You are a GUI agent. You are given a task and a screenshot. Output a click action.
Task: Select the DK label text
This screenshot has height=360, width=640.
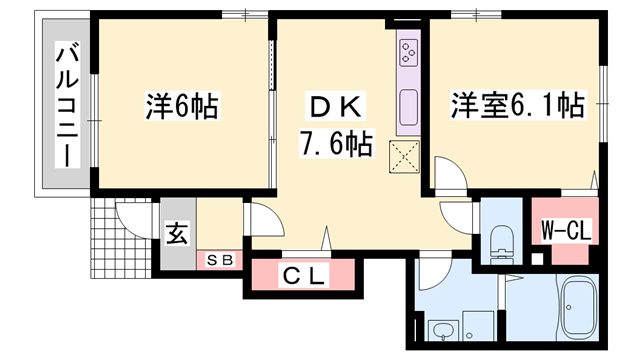333,107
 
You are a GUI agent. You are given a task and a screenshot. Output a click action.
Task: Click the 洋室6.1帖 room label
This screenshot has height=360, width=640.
516,104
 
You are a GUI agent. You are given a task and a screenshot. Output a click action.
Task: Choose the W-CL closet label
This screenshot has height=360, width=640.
566,232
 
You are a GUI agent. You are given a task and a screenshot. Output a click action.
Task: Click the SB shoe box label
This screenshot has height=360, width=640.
218,260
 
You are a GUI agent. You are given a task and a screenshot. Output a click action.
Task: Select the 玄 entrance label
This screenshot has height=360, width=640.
175,238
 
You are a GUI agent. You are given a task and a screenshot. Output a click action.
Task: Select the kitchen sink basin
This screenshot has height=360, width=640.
409,106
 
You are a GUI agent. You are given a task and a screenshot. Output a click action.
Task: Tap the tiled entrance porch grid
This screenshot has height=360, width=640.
119,245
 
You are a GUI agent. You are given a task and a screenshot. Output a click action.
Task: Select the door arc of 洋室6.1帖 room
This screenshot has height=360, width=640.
447,180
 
